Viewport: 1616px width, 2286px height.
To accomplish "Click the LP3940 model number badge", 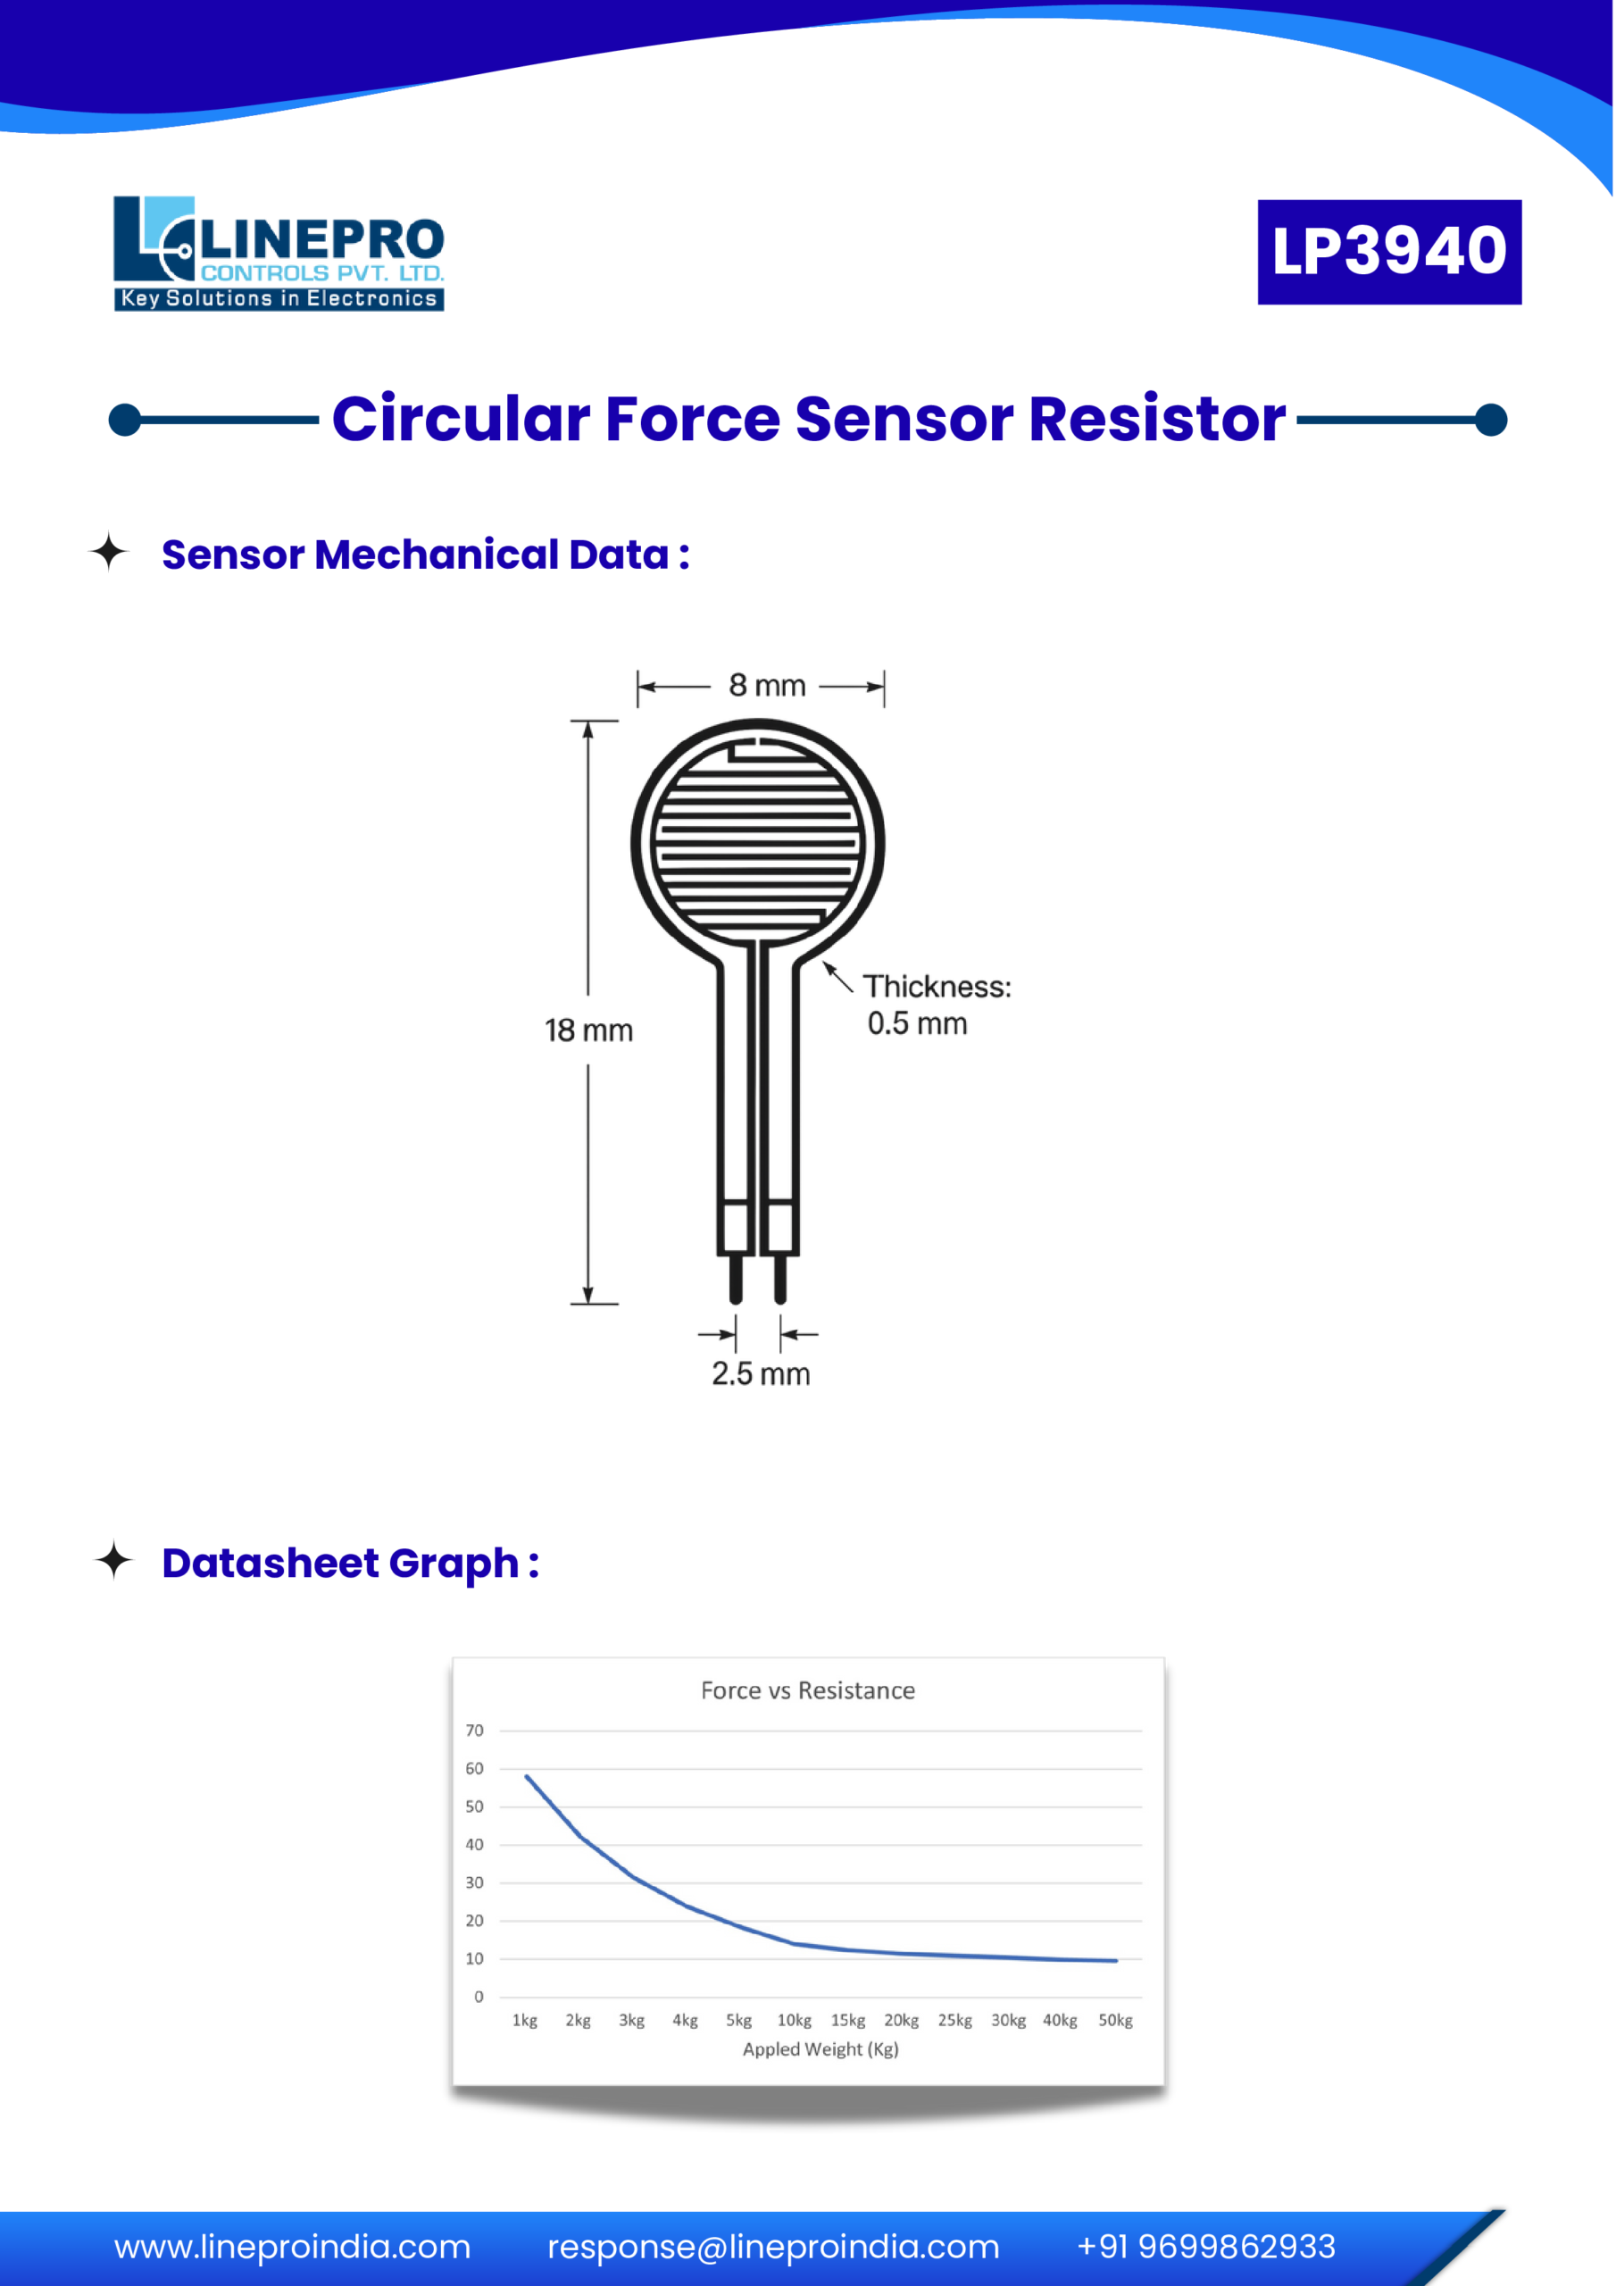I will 1389,251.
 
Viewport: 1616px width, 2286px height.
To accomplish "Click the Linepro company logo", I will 279,253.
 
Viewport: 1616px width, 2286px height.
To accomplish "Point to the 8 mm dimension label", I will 766,686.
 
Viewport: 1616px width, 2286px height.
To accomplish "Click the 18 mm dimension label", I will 588,1030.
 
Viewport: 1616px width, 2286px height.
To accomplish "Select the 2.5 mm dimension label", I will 761,1374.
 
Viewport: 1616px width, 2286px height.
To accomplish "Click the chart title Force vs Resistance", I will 807,1690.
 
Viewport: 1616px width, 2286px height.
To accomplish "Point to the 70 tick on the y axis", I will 475,1731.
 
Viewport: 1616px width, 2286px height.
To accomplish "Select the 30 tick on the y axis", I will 475,1882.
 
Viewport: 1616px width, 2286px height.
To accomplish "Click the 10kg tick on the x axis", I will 795,2020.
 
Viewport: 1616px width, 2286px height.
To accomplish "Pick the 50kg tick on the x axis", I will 1115,2020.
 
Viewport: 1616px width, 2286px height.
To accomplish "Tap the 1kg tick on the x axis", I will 525,2020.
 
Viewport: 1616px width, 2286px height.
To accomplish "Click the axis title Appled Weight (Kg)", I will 820,2049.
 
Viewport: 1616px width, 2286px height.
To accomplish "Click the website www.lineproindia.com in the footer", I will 292,2248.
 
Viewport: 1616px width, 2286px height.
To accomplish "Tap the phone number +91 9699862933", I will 1206,2248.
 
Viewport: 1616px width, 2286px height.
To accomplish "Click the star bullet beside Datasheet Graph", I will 114,1560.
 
